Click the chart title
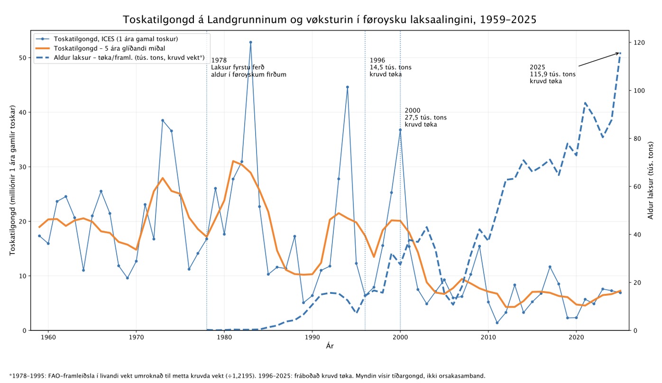330,19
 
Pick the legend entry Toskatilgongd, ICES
107,39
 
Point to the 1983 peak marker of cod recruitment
250,42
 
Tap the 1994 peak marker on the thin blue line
348,87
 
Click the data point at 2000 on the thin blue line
400,129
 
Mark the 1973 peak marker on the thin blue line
163,120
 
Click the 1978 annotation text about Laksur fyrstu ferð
248,67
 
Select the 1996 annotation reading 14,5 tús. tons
390,67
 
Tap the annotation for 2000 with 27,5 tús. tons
425,117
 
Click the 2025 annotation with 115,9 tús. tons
552,74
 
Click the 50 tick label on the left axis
22,57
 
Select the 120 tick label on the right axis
639,43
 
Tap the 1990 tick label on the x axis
312,337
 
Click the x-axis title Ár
330,346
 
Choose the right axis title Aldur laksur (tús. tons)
651,181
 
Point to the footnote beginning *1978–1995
247,376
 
